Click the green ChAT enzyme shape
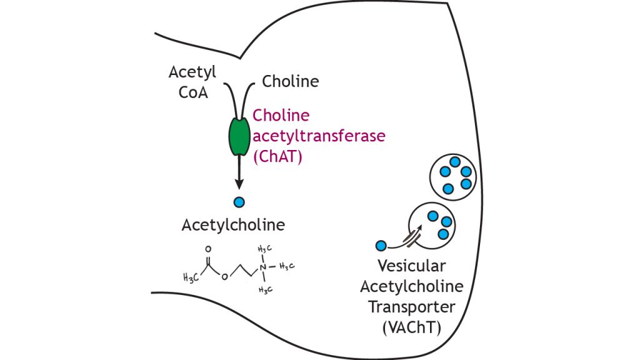point(238,137)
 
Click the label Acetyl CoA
point(192,82)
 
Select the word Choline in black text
point(291,81)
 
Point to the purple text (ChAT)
point(278,157)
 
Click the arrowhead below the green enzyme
point(238,182)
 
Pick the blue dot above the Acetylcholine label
point(238,202)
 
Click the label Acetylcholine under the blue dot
point(233,225)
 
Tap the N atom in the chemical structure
point(263,267)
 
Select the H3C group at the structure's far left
point(191,277)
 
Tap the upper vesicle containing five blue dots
point(454,176)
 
